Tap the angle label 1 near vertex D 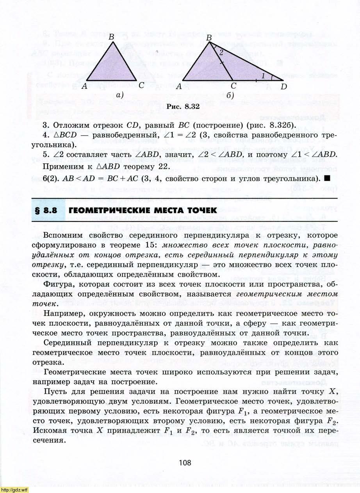click(263, 76)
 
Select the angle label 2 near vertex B click(221, 52)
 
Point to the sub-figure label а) click(120, 94)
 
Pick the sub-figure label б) click(230, 95)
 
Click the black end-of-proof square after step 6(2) click(327, 179)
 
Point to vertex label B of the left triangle click(111, 37)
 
